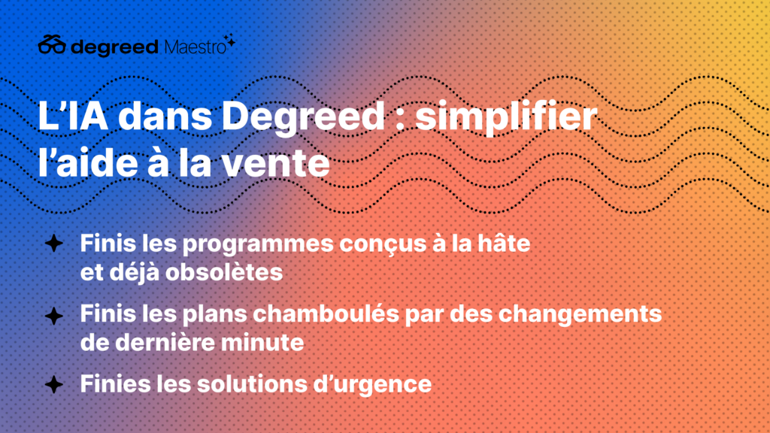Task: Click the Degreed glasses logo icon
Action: (x=52, y=44)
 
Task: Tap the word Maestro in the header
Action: (x=195, y=47)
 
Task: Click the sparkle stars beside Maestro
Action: (x=229, y=41)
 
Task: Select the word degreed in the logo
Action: (x=114, y=47)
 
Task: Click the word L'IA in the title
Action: (x=73, y=117)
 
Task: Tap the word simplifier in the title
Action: (x=506, y=117)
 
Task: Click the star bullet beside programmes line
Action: (x=54, y=243)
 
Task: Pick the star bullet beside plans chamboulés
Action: (x=54, y=316)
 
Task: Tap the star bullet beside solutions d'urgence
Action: (x=54, y=384)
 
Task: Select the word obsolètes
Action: (x=224, y=272)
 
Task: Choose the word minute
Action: (x=262, y=342)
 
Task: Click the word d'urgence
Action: (x=372, y=385)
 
